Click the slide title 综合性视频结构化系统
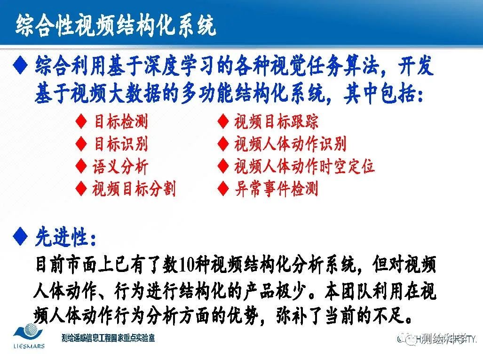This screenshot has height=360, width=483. coord(116,25)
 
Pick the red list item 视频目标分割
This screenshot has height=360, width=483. coord(134,189)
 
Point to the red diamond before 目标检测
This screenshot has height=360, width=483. coord(81,122)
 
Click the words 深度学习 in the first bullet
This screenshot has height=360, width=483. coord(198,68)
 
